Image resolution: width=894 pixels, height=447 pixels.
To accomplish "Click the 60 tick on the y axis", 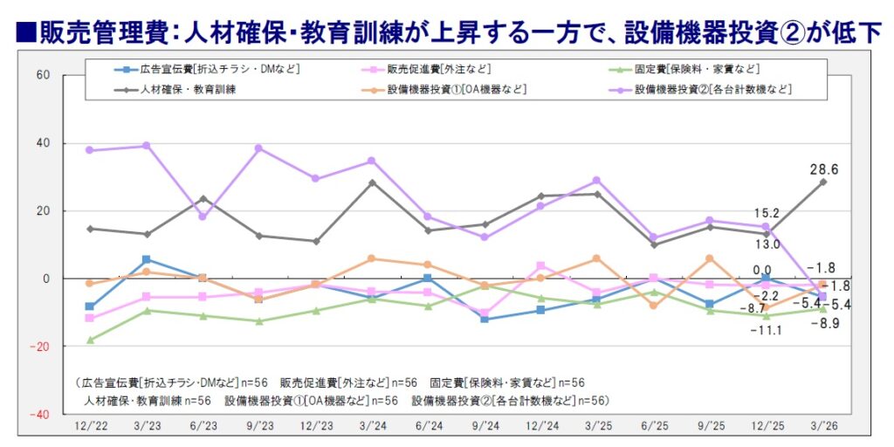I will (43, 75).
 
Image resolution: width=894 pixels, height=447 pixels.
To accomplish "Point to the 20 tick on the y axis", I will (43, 210).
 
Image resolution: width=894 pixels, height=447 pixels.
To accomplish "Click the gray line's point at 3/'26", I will (822, 182).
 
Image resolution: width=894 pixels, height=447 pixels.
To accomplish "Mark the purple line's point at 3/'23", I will (147, 146).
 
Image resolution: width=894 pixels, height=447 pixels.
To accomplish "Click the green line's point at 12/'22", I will (89, 340).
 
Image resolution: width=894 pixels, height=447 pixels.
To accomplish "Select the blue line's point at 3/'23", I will (147, 259).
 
